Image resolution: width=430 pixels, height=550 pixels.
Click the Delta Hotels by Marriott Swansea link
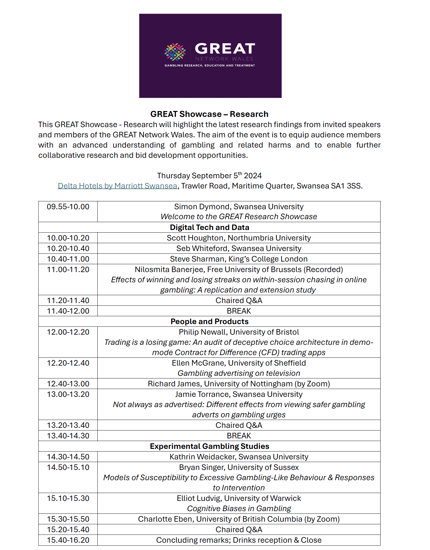pos(117,186)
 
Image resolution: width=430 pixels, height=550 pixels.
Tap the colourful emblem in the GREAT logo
pos(175,52)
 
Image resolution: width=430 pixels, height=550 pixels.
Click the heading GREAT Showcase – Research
pos(209,114)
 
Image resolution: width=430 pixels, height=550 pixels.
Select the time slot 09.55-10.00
pos(68,207)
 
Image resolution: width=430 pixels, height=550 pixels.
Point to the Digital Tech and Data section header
pos(209,227)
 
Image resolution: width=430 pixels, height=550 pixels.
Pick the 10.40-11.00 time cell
pos(68,259)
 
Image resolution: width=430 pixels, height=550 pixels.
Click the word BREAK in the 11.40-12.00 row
pos(239,311)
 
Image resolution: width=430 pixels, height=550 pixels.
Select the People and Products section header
pos(209,321)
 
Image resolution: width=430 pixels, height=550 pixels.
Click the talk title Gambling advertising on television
pos(239,373)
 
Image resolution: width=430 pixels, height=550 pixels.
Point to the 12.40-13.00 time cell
pos(68,384)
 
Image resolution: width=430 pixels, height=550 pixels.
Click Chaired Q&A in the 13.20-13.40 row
pos(239,425)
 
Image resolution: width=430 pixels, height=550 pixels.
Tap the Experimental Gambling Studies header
pos(209,446)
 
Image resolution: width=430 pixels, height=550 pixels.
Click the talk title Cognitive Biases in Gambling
pos(239,509)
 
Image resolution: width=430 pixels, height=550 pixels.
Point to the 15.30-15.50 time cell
pos(68,519)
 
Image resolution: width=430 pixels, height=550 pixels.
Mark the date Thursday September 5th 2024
pos(209,176)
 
